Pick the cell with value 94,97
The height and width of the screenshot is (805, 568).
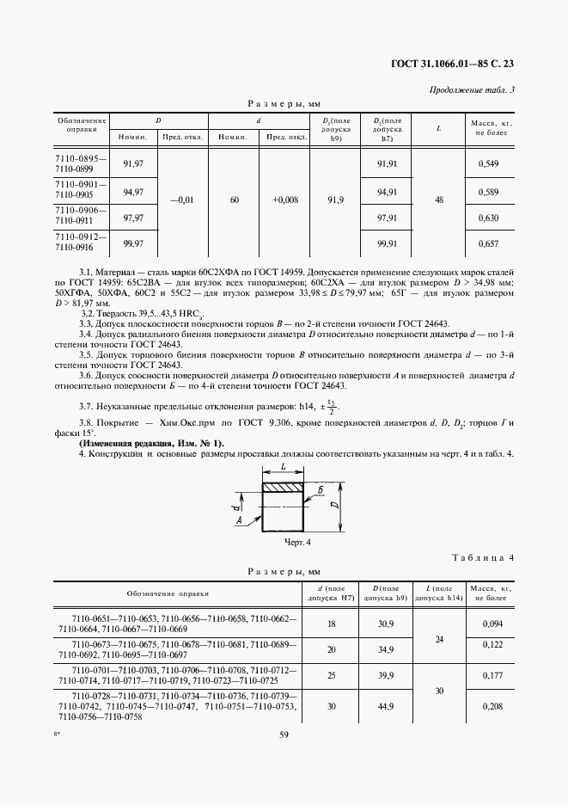(x=133, y=192)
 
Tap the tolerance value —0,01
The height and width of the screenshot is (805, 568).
(x=182, y=200)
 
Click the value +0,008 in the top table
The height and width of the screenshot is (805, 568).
(x=285, y=200)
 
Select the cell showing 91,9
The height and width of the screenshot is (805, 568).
(x=335, y=200)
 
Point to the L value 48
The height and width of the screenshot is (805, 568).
(x=439, y=200)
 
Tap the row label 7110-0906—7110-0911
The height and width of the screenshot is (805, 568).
(x=81, y=215)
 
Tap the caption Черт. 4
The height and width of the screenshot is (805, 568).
(x=296, y=542)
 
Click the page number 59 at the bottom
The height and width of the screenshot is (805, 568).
(x=284, y=734)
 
